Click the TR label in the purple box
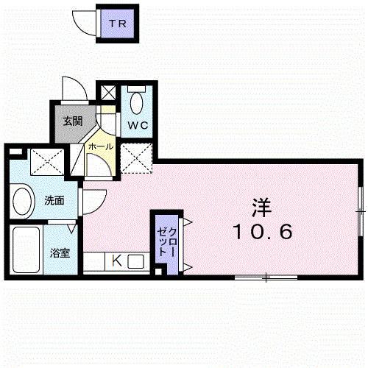[x=117, y=24]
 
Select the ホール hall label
[x=100, y=147]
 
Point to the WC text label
[x=139, y=125]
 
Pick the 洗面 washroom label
[x=54, y=199]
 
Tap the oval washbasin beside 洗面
[x=23, y=199]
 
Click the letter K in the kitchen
[x=116, y=260]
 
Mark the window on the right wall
[x=360, y=210]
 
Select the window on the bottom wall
[x=266, y=277]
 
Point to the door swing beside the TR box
[x=85, y=22]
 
